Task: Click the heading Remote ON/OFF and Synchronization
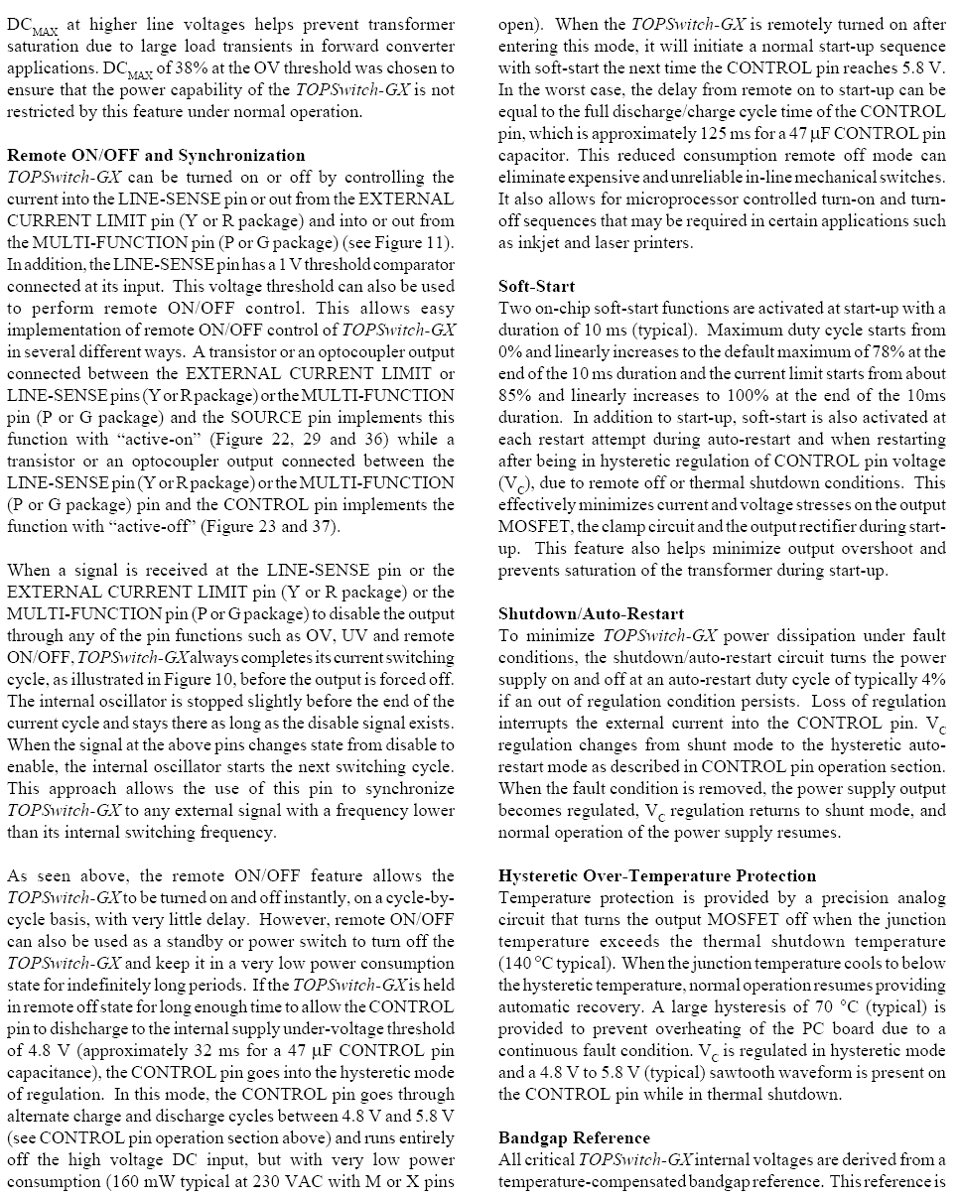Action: point(156,155)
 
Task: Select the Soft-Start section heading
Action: point(536,286)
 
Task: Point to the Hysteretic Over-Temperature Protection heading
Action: point(657,875)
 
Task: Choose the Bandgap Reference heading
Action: point(574,1137)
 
